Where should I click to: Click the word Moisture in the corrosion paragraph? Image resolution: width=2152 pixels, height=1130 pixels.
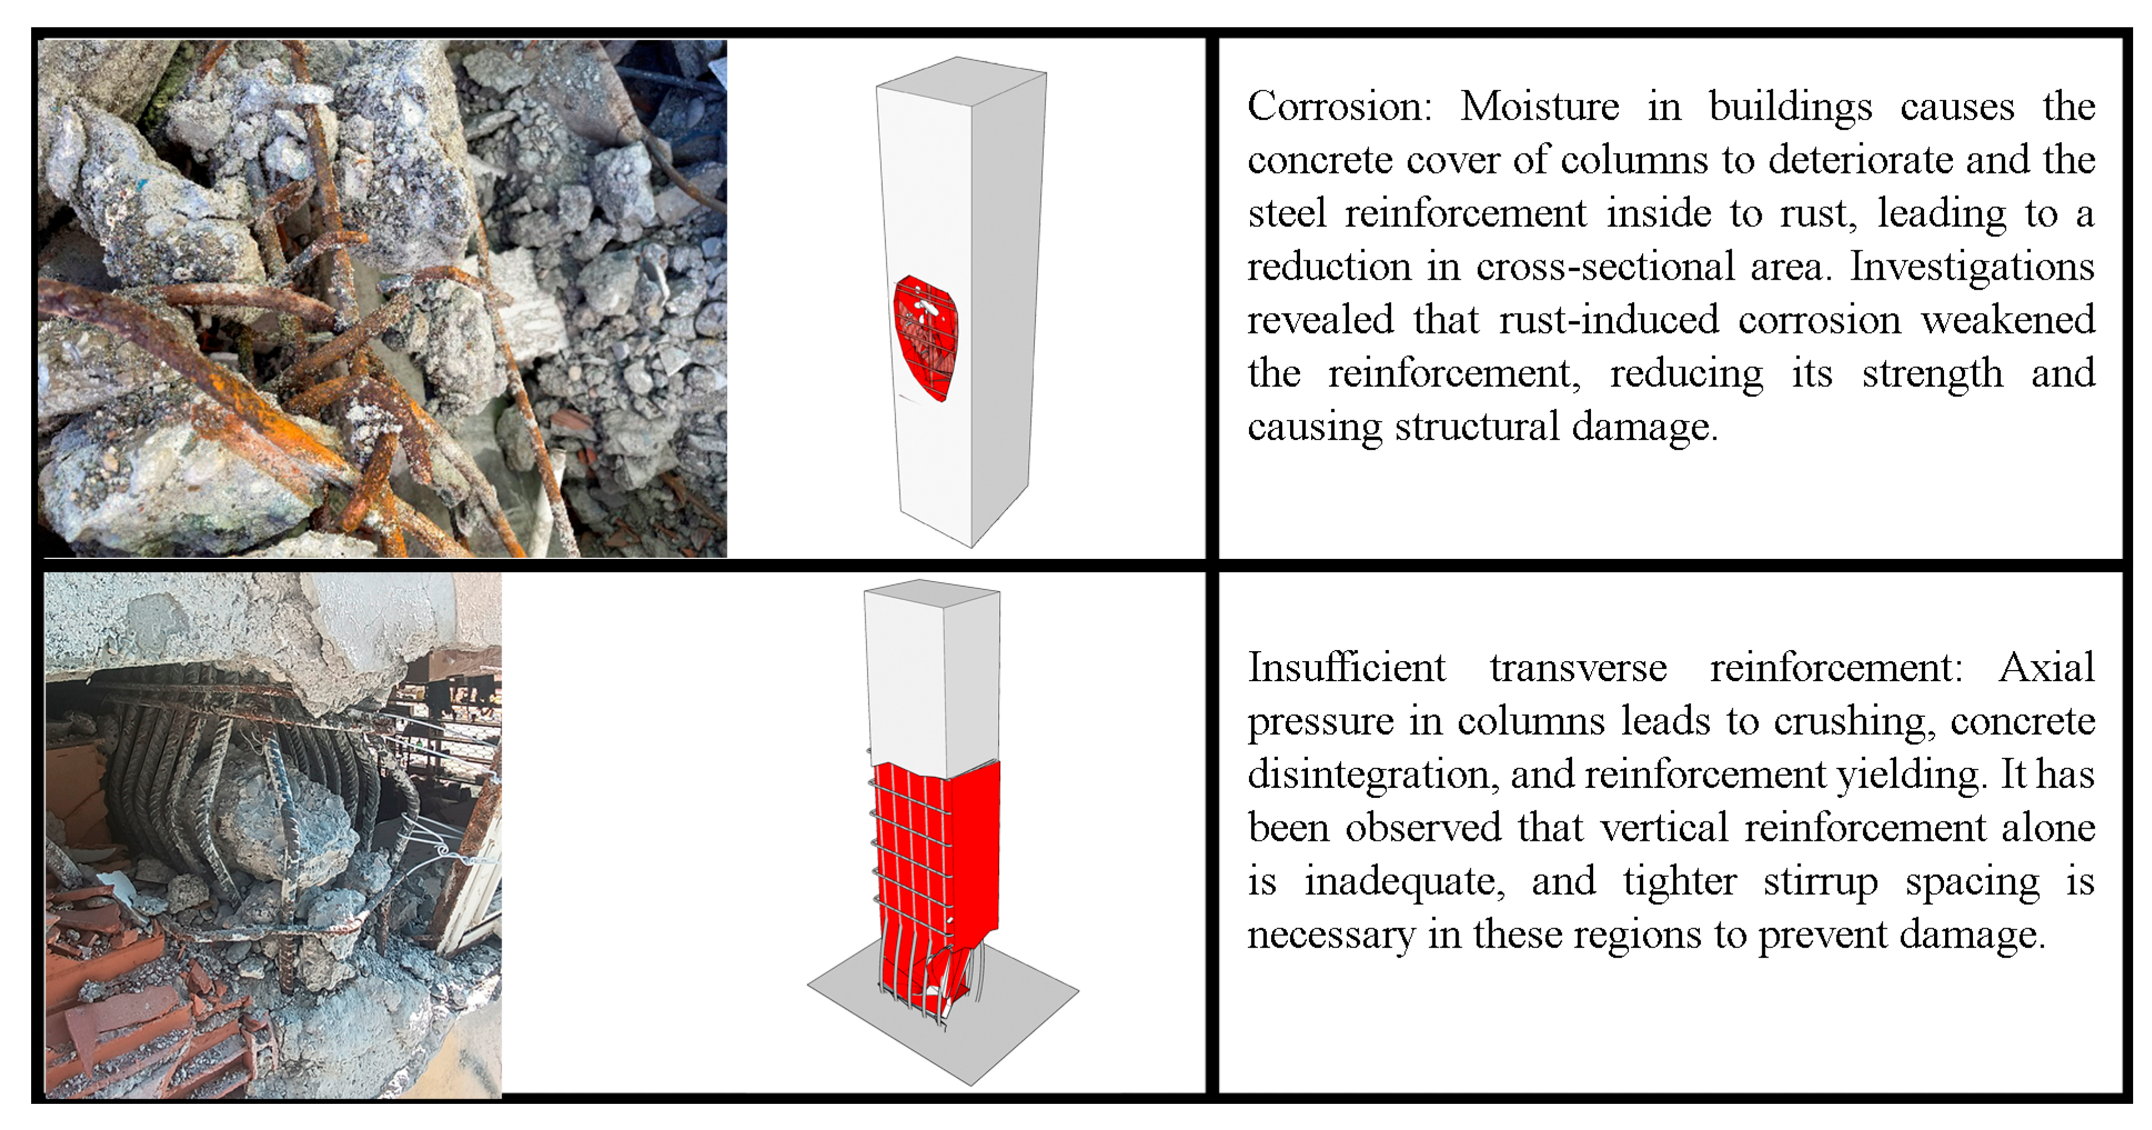click(x=1540, y=107)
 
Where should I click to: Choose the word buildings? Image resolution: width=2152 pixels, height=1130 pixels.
click(x=1789, y=107)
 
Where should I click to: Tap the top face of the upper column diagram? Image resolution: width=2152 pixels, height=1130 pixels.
click(x=961, y=81)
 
